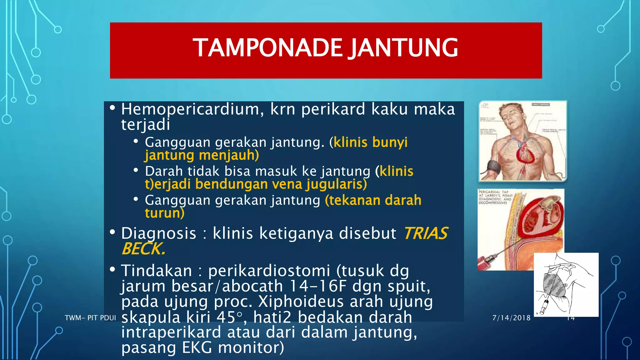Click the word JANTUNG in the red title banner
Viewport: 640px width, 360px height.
tap(403, 48)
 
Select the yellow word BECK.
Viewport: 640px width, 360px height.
tap(143, 249)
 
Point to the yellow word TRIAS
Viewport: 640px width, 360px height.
tap(426, 233)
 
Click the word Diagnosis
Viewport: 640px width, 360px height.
tap(159, 233)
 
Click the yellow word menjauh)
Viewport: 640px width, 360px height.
tap(229, 155)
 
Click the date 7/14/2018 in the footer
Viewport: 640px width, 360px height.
tap(511, 318)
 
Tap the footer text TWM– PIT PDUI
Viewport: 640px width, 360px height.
tap(90, 318)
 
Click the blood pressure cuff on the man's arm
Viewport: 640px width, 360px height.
tap(489, 166)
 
